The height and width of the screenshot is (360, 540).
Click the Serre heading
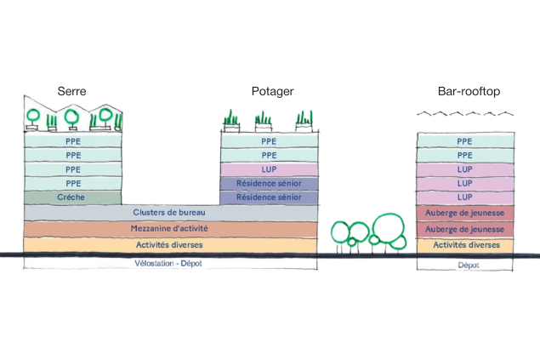pos(71,91)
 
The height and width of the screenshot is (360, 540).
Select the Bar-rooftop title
pos(464,91)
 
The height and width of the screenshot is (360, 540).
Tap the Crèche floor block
pos(73,197)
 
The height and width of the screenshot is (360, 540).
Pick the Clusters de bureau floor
pos(170,212)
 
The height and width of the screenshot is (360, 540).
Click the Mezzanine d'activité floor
pos(170,229)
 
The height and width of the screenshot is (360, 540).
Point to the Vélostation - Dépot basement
pos(170,263)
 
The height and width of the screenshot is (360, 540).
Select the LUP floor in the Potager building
pos(269,169)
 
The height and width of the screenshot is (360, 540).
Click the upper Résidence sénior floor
pos(269,183)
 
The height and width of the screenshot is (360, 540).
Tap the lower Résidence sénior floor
pos(269,197)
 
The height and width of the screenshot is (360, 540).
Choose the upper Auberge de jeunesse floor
pos(464,212)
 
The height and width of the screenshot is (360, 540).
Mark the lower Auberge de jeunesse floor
pos(464,229)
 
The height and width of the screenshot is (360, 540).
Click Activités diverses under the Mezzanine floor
pos(170,245)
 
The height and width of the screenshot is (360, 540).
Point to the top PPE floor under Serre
pos(73,142)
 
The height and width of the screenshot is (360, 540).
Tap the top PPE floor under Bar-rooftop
pos(464,142)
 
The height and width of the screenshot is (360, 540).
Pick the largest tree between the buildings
pos(389,229)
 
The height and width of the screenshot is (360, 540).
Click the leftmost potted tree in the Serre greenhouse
pos(34,116)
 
